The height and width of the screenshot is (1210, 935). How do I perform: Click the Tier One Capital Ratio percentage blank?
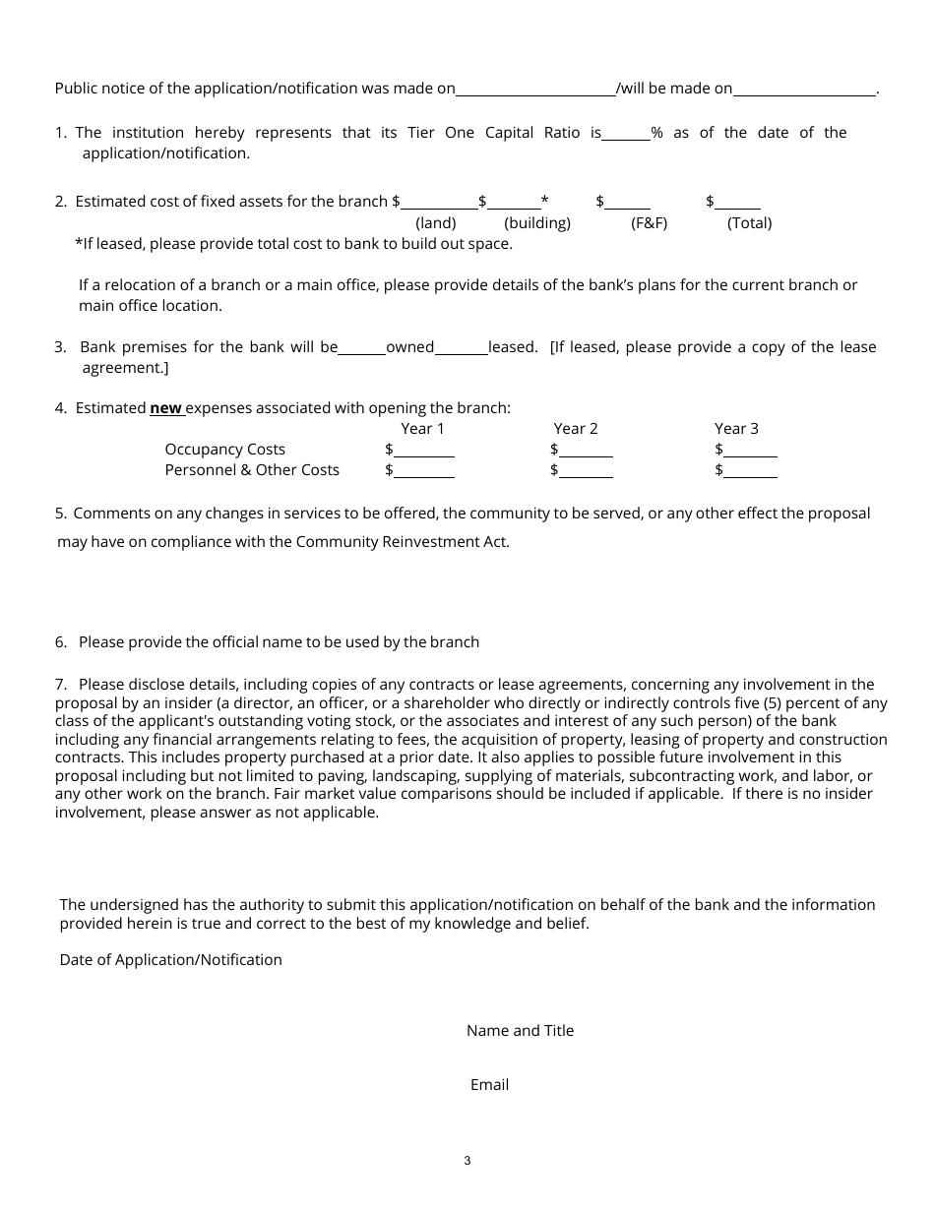coord(625,135)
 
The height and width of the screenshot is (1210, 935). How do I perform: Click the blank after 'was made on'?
coord(535,90)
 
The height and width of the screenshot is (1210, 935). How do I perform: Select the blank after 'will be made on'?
coord(804,90)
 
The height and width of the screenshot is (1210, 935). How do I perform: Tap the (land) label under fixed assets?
coord(436,223)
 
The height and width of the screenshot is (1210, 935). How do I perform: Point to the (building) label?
coord(537,223)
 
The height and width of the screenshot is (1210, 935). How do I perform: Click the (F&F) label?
coord(649,223)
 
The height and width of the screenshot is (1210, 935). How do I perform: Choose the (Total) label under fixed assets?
coord(749,223)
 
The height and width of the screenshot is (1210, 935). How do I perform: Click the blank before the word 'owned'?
coord(361,348)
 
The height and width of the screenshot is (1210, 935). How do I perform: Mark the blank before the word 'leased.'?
coord(461,348)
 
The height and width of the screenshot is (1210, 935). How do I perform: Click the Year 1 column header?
coord(422,429)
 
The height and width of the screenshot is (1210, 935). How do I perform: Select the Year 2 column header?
coord(576,429)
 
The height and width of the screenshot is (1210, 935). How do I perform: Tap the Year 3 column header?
coord(736,429)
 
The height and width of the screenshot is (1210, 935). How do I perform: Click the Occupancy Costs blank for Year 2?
coord(586,451)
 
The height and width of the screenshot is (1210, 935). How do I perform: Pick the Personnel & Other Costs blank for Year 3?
coord(750,471)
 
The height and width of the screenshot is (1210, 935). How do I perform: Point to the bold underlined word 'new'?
coord(165,408)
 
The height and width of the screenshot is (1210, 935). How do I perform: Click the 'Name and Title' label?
coord(520,1031)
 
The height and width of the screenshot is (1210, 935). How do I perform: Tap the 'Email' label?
coord(489,1085)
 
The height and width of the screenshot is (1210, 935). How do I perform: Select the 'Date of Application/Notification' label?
coord(171,960)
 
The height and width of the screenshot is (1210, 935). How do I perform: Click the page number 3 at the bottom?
coord(467,1161)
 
